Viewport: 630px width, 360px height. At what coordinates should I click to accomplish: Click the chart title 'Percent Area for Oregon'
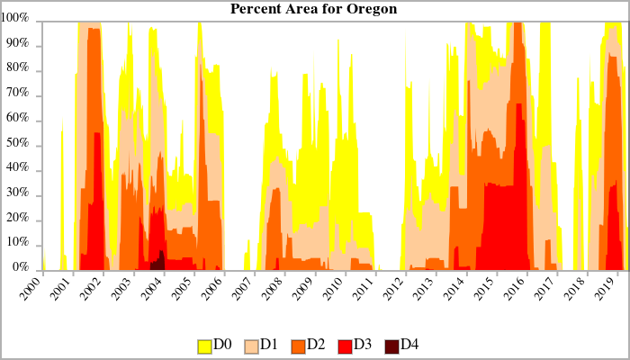coord(314,9)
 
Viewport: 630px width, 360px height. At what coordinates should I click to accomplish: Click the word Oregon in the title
coord(373,9)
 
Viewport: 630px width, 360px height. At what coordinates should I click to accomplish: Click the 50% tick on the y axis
coord(20,144)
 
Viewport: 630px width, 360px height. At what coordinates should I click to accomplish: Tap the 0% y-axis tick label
coord(22,269)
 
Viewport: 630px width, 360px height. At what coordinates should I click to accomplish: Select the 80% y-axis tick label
coord(20,69)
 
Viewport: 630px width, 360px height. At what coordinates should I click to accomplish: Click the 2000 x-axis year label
coord(32,287)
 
